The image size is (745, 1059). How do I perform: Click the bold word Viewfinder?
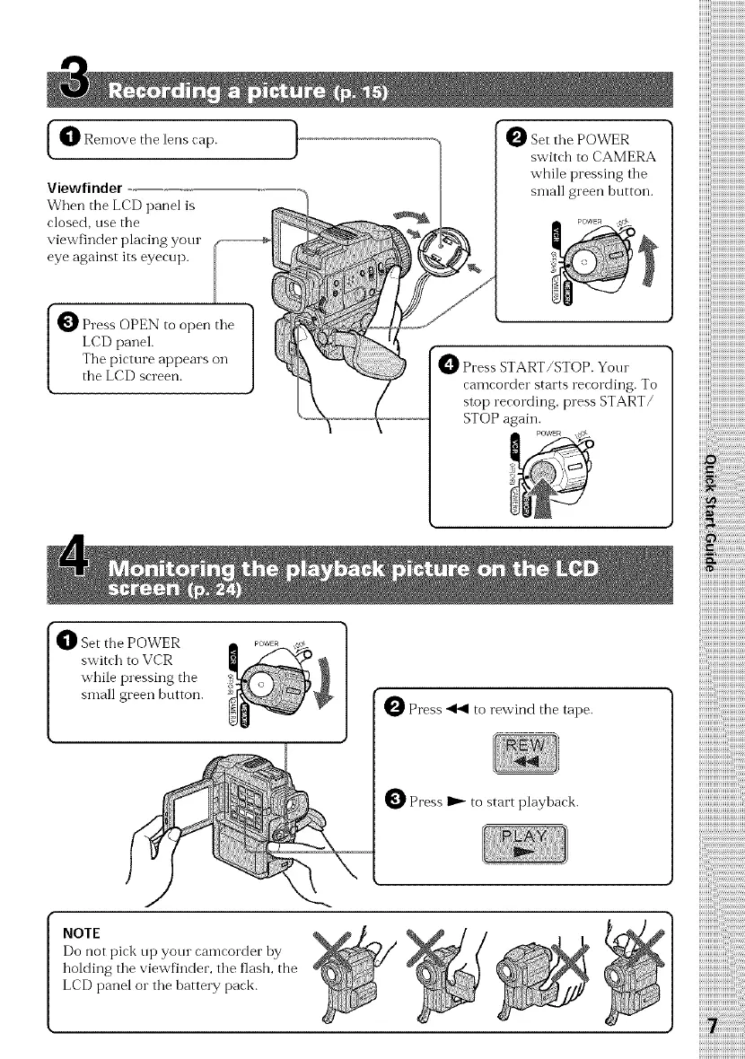[84, 188]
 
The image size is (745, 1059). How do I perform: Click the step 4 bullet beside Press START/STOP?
[447, 368]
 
